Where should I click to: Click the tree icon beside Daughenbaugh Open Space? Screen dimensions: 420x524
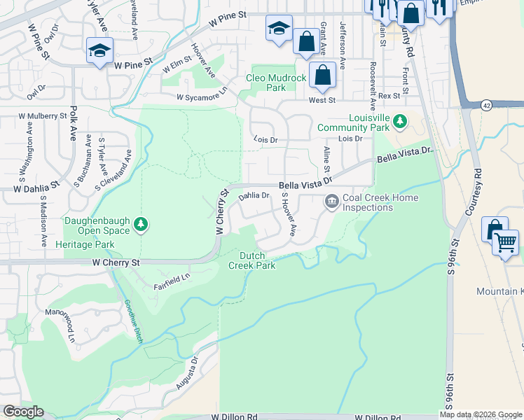pos(142,224)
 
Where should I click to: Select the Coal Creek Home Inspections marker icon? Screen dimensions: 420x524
pos(331,202)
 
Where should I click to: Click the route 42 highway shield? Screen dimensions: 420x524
pos(486,105)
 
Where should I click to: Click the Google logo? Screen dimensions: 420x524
pos(23,412)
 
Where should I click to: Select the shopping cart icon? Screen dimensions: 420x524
pos(505,244)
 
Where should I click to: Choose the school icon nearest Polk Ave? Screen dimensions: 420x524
pos(99,50)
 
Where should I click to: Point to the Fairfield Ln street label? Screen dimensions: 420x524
pos(172,282)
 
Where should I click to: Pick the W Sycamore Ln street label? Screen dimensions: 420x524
pos(202,94)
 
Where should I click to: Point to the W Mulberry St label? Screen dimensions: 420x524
pos(42,115)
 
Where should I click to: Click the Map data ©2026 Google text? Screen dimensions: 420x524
pos(481,414)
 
